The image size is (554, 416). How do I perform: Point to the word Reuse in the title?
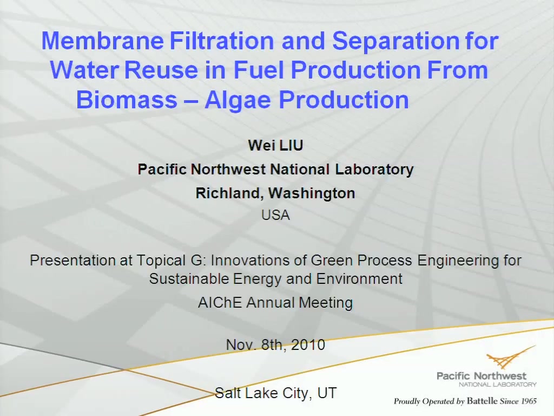[x=161, y=70]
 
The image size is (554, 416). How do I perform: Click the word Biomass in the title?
[x=127, y=100]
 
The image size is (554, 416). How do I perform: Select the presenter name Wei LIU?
[x=275, y=145]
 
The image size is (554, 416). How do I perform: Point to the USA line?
[x=275, y=215]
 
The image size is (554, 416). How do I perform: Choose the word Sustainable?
[x=189, y=279]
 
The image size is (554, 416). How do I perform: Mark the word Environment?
[x=359, y=279]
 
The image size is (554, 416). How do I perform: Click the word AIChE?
[x=220, y=303]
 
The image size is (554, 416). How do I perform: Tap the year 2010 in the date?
[x=308, y=344]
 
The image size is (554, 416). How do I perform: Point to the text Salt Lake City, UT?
[x=275, y=393]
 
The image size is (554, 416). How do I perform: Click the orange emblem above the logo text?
[x=509, y=359]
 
